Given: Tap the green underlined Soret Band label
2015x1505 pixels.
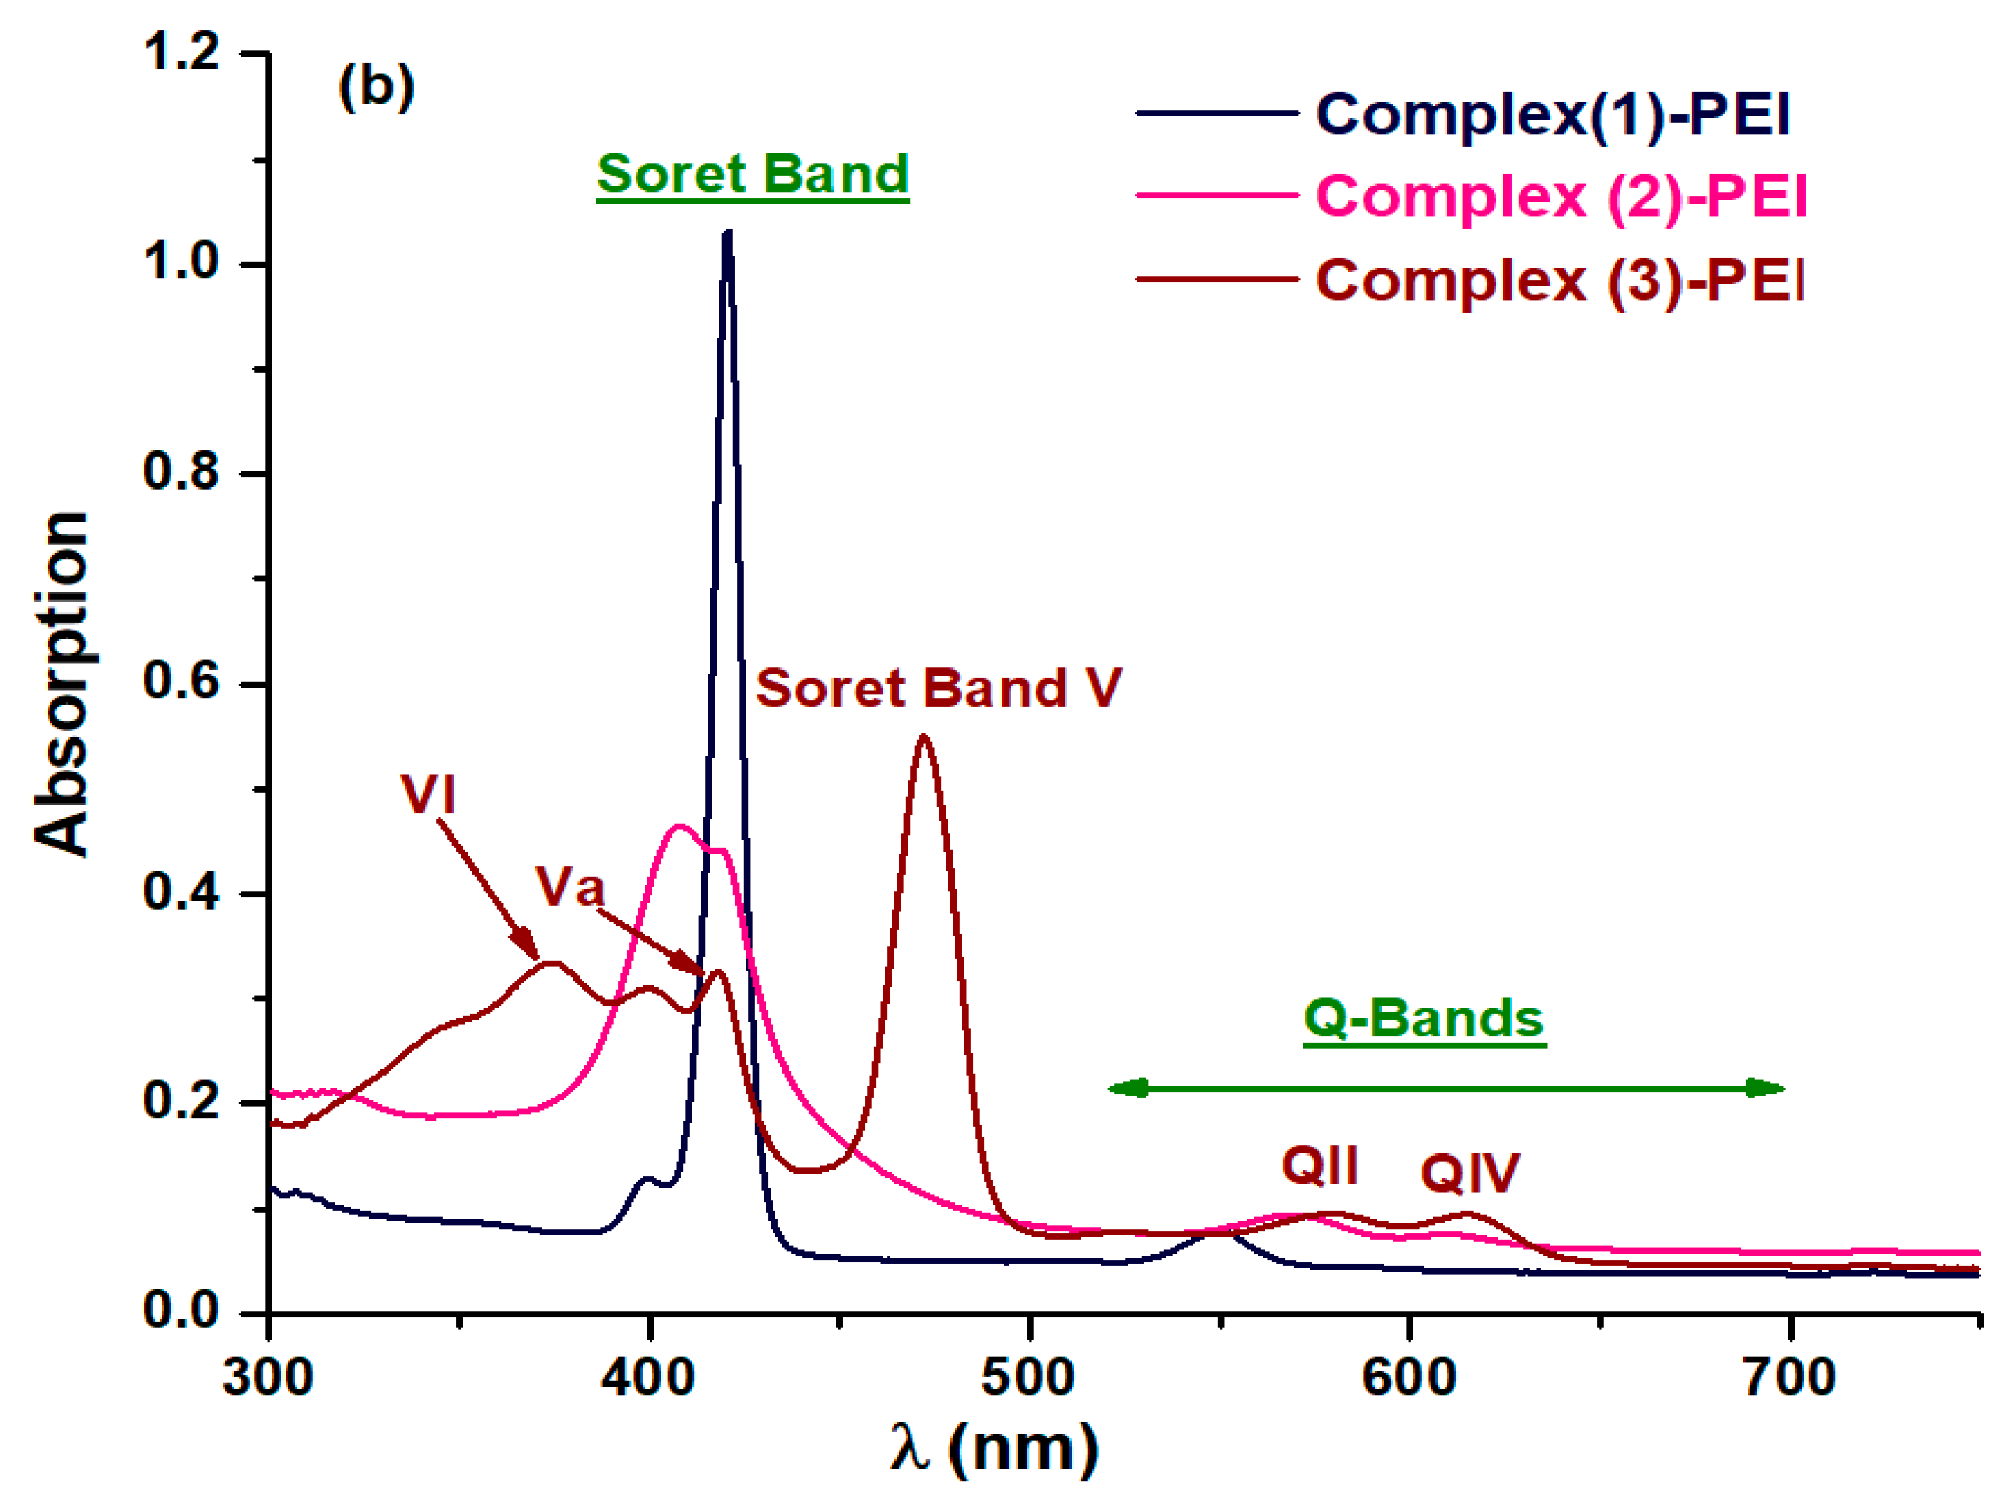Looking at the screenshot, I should (x=752, y=173).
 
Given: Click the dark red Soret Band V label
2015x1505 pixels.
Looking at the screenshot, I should (x=938, y=688).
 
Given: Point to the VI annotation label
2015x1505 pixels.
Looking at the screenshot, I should (x=428, y=793).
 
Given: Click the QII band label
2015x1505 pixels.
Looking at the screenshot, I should (x=1319, y=1165).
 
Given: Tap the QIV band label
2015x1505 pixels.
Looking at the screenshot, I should (x=1470, y=1173).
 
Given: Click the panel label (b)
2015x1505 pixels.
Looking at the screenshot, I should (x=376, y=88).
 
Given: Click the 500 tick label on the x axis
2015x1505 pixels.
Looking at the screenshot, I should (x=1027, y=1377).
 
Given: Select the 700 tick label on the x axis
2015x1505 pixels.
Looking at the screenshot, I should (x=1788, y=1377).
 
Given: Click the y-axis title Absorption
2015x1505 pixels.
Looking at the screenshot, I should (x=62, y=684).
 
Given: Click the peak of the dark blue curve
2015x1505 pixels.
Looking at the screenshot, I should (x=726, y=233).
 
